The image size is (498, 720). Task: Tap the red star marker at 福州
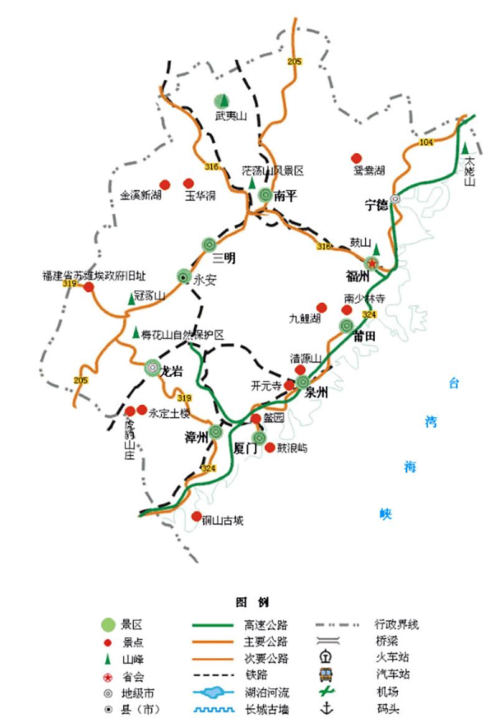pos(372,263)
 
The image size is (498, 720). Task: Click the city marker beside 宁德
pos(395,199)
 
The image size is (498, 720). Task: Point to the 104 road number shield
pos(426,143)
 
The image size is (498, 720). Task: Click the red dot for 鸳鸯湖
pos(356,158)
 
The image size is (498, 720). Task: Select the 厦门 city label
pos(243,448)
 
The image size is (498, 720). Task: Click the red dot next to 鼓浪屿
pos(270,447)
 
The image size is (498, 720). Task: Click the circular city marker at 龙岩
pos(153,367)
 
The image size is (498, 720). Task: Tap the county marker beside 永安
pos(183,276)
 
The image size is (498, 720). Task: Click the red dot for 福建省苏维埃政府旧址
pos(88,287)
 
